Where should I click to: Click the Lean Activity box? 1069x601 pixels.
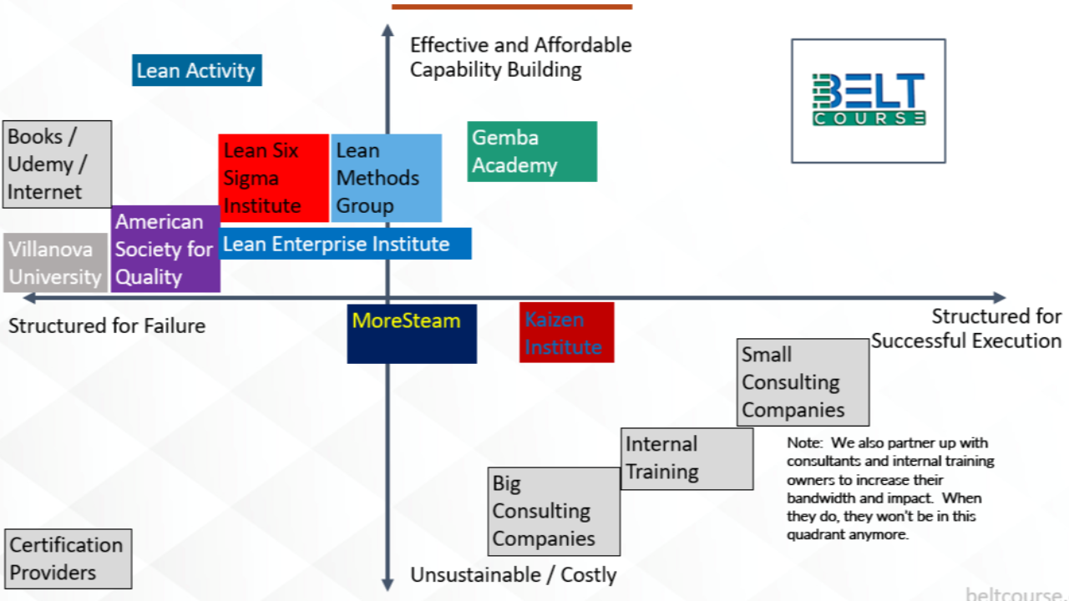click(197, 70)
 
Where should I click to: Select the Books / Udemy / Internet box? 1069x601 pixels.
click(58, 164)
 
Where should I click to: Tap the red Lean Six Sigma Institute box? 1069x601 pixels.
click(274, 178)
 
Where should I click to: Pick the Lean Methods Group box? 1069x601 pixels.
click(386, 178)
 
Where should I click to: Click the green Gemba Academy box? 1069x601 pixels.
click(532, 151)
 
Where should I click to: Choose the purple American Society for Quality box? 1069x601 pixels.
click(165, 249)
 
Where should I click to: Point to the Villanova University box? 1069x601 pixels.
click(56, 263)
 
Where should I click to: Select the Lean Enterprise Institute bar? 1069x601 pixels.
click(346, 244)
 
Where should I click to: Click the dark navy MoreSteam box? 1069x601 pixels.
click(412, 333)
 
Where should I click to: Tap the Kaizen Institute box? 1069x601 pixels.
click(566, 332)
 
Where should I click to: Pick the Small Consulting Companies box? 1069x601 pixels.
click(803, 382)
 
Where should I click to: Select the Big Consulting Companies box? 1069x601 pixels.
click(555, 511)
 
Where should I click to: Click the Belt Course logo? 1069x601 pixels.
click(869, 100)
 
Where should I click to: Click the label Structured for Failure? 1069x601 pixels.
click(107, 326)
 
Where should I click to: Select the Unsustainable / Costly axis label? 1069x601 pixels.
click(513, 575)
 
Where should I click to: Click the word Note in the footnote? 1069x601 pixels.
click(803, 443)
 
